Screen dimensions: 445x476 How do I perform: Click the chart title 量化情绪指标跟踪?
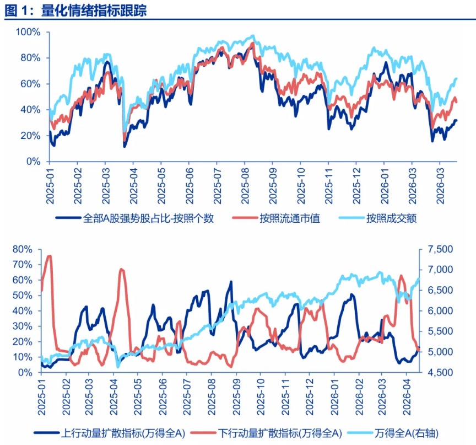pos(94,11)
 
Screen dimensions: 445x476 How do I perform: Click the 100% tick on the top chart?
pos(28,32)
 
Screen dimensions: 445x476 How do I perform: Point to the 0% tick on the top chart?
pos(33,162)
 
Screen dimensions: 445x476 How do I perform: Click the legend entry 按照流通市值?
pos(290,218)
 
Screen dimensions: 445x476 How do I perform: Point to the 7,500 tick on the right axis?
pos(437,249)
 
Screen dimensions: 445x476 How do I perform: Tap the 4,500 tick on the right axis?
pos(437,373)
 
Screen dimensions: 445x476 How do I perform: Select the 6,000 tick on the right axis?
pos(437,311)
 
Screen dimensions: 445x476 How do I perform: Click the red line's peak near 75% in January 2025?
pos(49,256)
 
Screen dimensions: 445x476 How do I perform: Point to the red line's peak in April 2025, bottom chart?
pos(122,269)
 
